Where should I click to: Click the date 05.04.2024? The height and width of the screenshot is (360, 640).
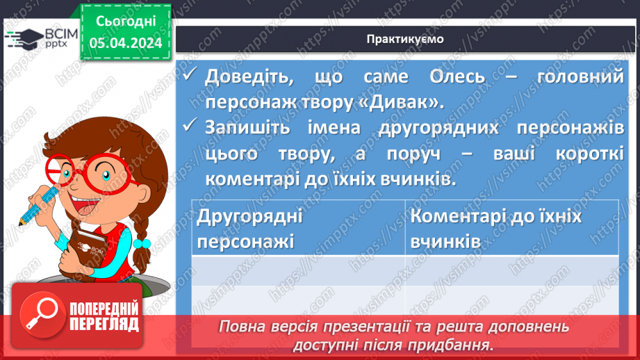click(125, 44)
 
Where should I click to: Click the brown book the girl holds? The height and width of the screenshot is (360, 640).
click(86, 246)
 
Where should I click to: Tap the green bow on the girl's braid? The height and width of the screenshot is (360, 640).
click(142, 244)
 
